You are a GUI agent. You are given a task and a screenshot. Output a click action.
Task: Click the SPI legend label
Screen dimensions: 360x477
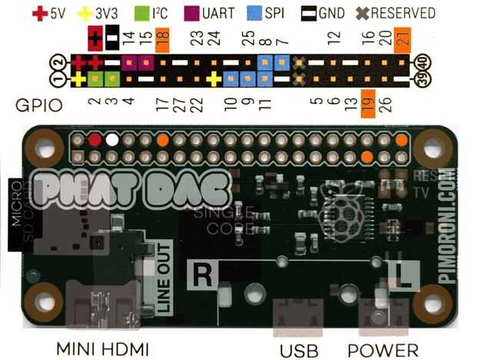(275, 13)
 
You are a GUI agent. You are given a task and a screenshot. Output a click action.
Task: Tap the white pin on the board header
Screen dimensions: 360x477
(112, 141)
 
